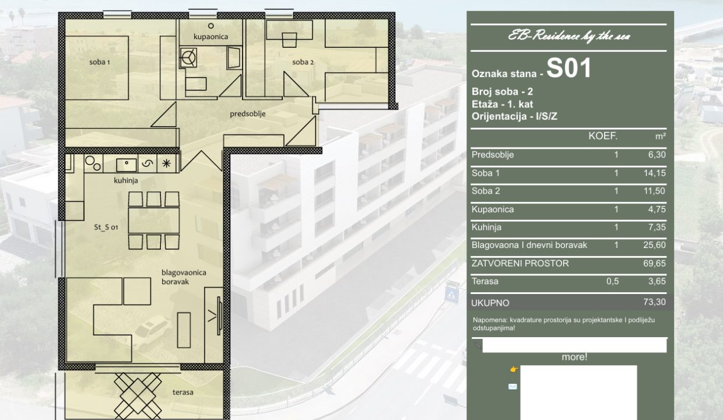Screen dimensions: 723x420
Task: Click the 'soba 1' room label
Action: tap(99, 62)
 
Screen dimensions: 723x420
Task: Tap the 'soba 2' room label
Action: tap(303, 62)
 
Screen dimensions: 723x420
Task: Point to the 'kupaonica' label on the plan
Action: tap(210, 37)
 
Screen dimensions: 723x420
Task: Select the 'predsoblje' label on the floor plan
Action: tap(248, 114)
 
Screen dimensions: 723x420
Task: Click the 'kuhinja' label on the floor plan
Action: tap(126, 180)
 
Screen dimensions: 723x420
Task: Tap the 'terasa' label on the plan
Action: tap(182, 392)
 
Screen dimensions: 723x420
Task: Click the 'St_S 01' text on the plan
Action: tap(106, 228)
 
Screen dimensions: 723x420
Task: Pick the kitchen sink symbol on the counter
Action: tap(126, 164)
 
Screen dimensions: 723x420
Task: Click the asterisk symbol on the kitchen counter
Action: tap(167, 163)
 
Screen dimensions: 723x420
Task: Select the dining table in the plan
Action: tap(154, 220)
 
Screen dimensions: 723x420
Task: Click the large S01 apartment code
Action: tap(568, 68)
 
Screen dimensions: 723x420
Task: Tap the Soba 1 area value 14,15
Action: tap(654, 173)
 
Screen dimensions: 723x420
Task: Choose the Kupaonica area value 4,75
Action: tap(657, 209)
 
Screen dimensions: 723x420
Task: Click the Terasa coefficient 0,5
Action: tap(612, 281)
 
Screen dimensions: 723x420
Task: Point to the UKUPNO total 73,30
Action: tap(654, 302)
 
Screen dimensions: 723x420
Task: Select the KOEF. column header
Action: tap(603, 136)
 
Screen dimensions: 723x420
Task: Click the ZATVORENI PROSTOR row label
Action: tap(520, 263)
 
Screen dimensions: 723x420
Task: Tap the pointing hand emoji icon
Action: tap(514, 369)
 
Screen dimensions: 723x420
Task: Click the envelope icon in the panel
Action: tap(513, 386)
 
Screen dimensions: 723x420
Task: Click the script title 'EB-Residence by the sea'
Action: tap(568, 36)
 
